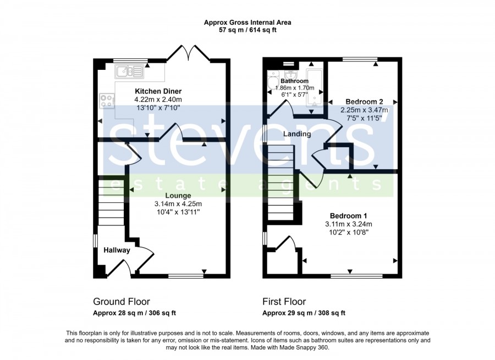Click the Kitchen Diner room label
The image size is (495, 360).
pyautogui.click(x=158, y=91)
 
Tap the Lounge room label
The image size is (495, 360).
pyautogui.click(x=178, y=196)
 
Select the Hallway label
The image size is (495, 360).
pyautogui.click(x=117, y=250)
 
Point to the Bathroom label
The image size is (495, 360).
pyautogui.click(x=295, y=81)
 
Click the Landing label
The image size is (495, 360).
pyautogui.click(x=297, y=134)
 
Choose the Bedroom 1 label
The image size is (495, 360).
pyautogui.click(x=349, y=216)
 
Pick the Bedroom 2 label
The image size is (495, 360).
pyautogui.click(x=364, y=102)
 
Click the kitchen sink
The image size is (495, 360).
pyautogui.click(x=129, y=71)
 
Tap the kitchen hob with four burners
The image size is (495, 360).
pyautogui.click(x=107, y=101)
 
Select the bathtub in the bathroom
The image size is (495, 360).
pyautogui.click(x=315, y=88)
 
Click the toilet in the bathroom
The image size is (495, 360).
pyautogui.click(x=272, y=80)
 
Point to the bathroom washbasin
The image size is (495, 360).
pyautogui.click(x=290, y=75)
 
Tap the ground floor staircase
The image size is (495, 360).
pyautogui.click(x=111, y=201)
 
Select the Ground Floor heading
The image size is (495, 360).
pyautogui.click(x=122, y=302)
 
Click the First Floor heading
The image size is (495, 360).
pyautogui.click(x=284, y=302)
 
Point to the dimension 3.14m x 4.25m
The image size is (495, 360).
pyautogui.click(x=178, y=204)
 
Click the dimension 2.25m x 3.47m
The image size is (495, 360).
pyautogui.click(x=364, y=110)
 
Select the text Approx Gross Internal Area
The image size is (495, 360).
pyautogui.click(x=248, y=23)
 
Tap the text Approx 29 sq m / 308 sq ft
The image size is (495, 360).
pyautogui.click(x=304, y=313)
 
